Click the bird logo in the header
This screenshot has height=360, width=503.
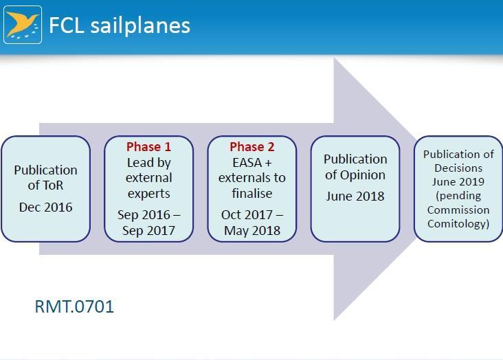point(23,25)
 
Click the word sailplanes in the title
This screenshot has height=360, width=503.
point(140,25)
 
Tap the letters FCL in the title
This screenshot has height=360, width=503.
point(67,25)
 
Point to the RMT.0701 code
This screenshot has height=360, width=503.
point(74,306)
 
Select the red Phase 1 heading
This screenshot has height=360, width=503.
point(149,146)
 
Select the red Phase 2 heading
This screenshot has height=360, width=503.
point(252,146)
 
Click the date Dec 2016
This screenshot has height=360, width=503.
point(45,207)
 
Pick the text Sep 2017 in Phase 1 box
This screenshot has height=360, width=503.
point(148,230)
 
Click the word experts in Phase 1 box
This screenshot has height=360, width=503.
point(149,194)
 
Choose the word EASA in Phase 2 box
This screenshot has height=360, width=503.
point(247,163)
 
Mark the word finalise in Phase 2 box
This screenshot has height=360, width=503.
point(252,193)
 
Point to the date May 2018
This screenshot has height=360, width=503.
point(252,230)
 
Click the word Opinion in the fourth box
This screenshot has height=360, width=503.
point(363,175)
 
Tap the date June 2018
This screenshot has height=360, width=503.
point(355,196)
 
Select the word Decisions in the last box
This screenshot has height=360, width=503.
point(458,168)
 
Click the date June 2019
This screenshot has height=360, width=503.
point(458,181)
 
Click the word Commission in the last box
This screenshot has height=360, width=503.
point(458,210)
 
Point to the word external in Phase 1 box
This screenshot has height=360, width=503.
point(149,178)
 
